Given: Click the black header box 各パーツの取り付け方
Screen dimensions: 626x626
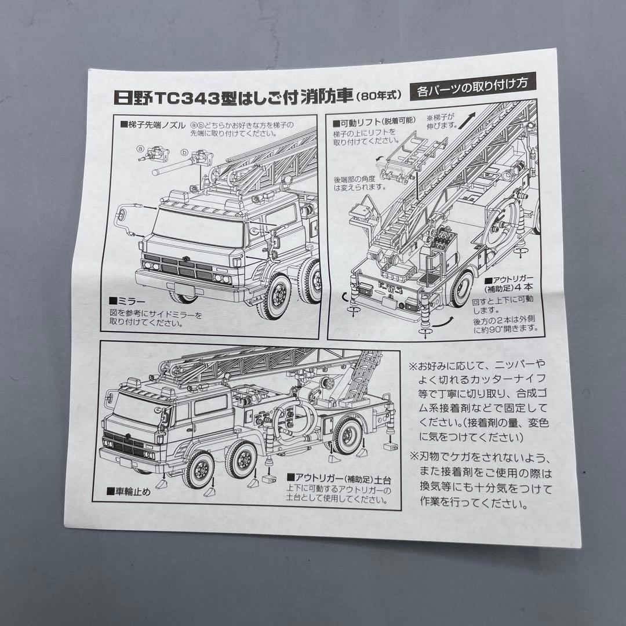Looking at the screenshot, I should tap(472, 91).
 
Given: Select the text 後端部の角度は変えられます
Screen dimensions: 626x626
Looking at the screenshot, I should tap(359, 183).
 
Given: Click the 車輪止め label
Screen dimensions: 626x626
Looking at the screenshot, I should tap(128, 492).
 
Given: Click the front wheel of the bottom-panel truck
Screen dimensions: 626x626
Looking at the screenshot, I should tap(198, 471).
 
